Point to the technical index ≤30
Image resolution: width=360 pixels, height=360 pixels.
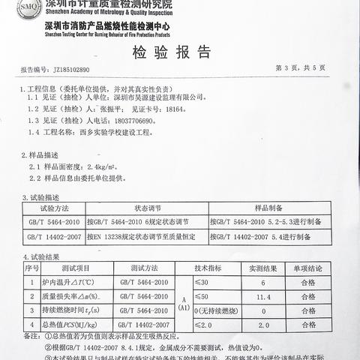(x=202, y=282)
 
